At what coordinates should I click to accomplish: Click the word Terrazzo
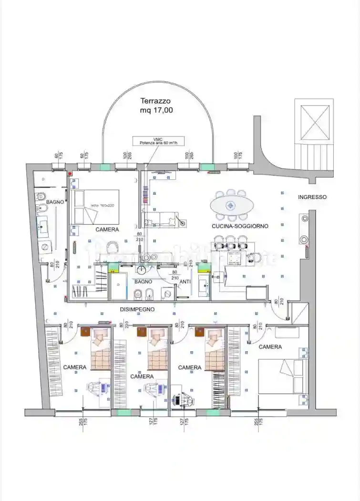(155, 101)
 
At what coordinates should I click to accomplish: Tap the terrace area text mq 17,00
(156, 110)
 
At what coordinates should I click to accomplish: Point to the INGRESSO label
(312, 197)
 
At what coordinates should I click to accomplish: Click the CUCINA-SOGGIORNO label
(240, 226)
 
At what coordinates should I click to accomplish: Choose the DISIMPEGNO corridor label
(137, 309)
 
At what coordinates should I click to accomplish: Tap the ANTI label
(185, 282)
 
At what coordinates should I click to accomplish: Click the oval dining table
(232, 206)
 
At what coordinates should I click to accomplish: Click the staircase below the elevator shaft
(312, 157)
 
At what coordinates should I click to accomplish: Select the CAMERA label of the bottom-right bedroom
(270, 347)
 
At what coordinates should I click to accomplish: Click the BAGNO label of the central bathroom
(143, 282)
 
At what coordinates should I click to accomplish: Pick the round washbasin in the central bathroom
(142, 270)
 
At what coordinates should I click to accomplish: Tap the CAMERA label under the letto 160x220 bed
(107, 230)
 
